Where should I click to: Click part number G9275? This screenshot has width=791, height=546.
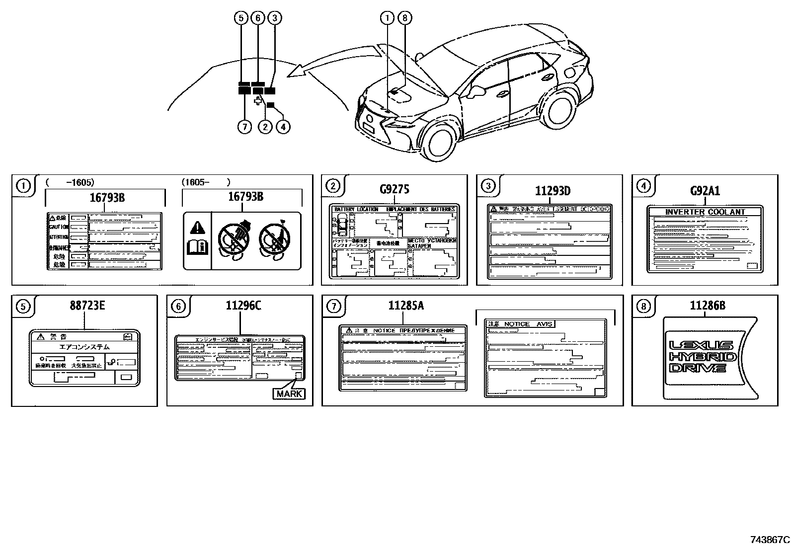[394, 189]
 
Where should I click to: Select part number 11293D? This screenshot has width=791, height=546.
[553, 191]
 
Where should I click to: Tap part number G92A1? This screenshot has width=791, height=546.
[705, 191]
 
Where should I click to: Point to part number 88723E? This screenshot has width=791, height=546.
[87, 306]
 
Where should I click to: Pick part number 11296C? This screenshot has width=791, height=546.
[243, 306]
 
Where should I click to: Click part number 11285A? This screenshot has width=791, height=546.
[406, 306]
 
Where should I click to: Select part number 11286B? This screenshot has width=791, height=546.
[707, 306]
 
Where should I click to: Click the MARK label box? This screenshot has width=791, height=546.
[289, 393]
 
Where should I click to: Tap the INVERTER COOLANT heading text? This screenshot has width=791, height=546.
[705, 212]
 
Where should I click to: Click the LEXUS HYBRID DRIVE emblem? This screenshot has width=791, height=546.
[701, 357]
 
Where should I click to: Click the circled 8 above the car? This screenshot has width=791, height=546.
[405, 18]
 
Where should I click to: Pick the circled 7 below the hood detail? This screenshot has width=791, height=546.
[244, 127]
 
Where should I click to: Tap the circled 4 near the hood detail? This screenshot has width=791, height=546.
[283, 127]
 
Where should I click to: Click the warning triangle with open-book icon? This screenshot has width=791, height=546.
[198, 239]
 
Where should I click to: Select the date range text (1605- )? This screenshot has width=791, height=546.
[206, 182]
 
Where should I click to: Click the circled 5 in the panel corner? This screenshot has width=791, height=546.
[23, 307]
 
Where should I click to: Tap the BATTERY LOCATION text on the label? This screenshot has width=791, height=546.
[356, 209]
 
